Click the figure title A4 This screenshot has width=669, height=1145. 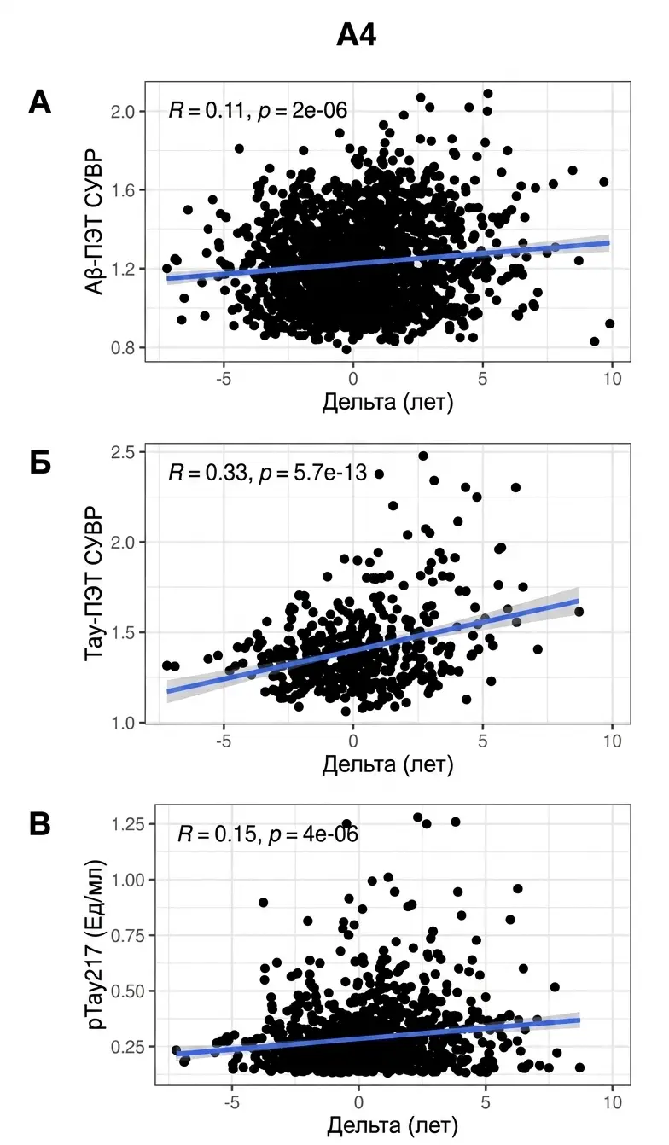[x=356, y=37]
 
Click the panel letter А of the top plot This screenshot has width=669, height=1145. [x=40, y=102]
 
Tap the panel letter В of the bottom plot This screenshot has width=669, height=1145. [x=40, y=824]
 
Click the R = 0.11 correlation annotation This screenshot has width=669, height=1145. [x=258, y=110]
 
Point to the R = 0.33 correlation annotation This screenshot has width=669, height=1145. [x=267, y=473]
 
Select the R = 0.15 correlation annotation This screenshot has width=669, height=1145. [x=268, y=834]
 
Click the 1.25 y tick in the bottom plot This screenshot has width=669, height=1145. [x=128, y=823]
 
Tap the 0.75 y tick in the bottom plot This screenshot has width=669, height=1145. [x=128, y=935]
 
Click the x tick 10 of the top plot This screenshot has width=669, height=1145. [x=612, y=379]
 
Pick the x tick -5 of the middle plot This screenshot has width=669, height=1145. [x=224, y=741]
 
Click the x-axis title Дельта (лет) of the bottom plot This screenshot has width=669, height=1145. [x=392, y=1125]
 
